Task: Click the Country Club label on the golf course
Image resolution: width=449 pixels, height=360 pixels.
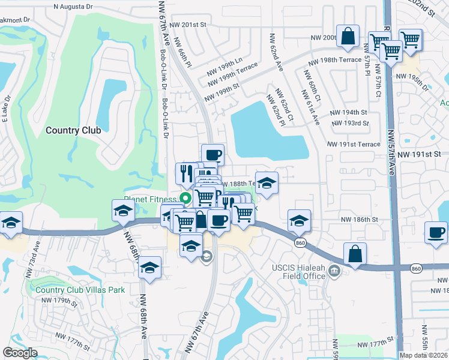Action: click(x=73, y=130)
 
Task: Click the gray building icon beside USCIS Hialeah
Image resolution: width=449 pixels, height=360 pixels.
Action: click(x=335, y=273)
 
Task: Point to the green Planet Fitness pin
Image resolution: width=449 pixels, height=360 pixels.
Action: click(x=185, y=197)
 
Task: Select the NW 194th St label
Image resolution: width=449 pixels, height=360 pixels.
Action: click(x=348, y=112)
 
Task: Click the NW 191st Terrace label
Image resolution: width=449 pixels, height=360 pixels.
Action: click(x=354, y=145)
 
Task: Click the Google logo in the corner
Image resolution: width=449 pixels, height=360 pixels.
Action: click(x=20, y=352)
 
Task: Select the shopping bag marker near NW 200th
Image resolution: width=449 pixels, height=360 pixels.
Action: click(x=348, y=36)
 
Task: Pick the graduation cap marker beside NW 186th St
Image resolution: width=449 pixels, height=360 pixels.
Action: click(x=299, y=220)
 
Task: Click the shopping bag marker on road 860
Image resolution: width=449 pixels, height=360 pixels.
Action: click(x=355, y=253)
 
